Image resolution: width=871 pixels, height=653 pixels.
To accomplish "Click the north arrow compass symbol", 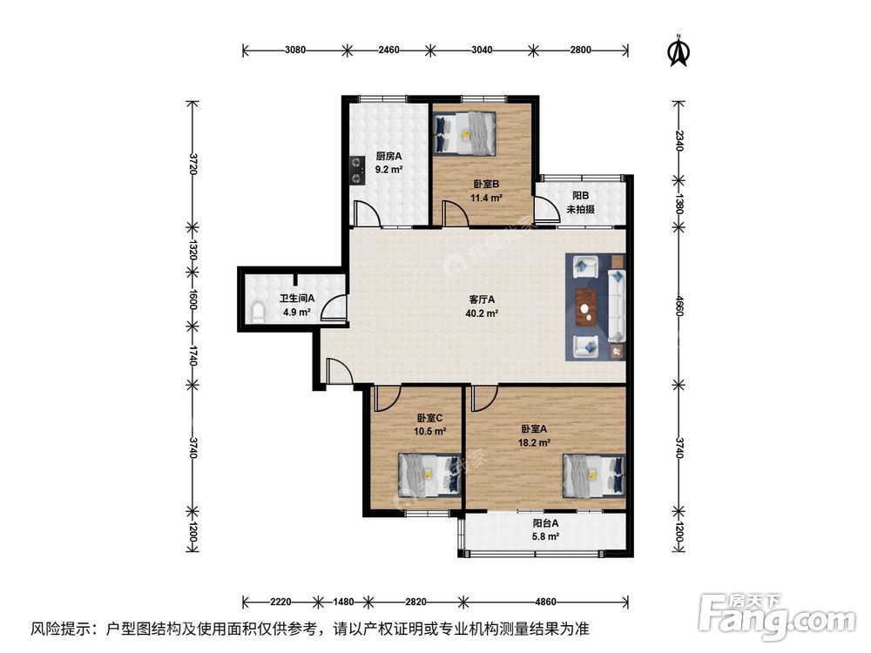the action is click(679, 51).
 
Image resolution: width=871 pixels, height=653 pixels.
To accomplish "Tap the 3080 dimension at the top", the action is click(295, 50).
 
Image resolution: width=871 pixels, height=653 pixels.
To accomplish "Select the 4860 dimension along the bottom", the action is click(545, 602).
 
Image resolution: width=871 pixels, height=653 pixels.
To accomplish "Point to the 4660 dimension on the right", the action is click(679, 306).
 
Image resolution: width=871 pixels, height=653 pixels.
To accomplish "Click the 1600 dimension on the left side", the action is click(192, 299).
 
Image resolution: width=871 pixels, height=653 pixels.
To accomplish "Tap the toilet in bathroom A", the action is click(257, 313).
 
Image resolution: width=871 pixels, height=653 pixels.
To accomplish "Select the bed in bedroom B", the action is click(464, 133).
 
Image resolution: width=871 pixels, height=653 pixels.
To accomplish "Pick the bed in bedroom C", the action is click(430, 475).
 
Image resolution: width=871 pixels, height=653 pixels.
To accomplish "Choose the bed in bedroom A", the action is click(594, 476).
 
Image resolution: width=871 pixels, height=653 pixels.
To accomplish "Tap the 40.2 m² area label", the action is click(482, 313).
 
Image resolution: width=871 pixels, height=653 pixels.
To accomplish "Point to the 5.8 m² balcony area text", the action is click(545, 537).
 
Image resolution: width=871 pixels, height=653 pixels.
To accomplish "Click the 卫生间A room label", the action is click(297, 298).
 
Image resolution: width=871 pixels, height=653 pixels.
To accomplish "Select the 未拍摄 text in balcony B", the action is click(580, 209).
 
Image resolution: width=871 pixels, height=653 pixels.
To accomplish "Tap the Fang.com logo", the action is click(777, 616).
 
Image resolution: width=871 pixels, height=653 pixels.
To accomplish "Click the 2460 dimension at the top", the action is click(388, 50).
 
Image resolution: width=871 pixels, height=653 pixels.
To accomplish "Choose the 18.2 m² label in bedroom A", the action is click(534, 443).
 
